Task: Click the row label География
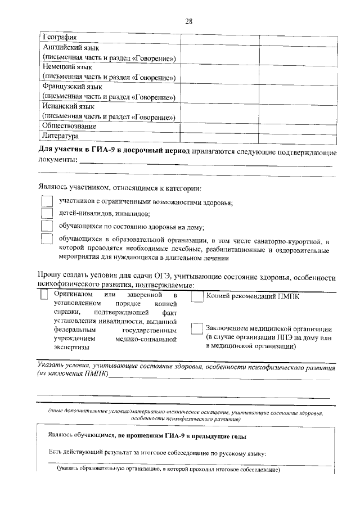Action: (x=60, y=38)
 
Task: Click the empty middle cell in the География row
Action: (x=219, y=38)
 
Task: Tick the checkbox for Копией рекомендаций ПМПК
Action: (x=196, y=296)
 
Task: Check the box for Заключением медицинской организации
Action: (x=196, y=329)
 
